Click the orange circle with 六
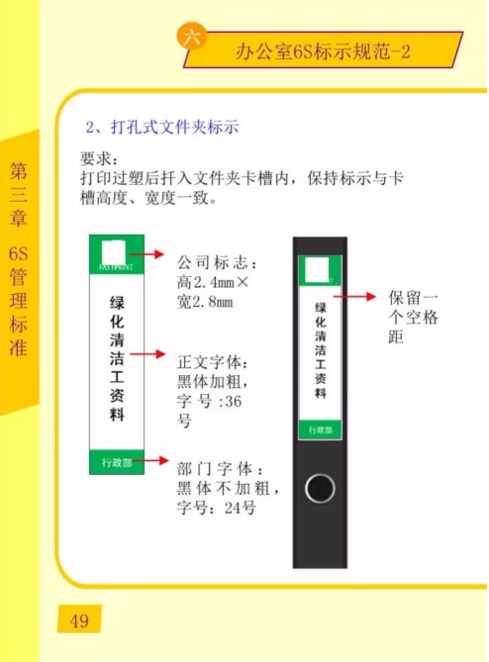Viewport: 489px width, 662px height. [192, 37]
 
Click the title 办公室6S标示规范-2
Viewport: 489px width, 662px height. [323, 51]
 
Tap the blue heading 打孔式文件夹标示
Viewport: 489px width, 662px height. [174, 127]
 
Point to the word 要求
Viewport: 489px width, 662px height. [97, 158]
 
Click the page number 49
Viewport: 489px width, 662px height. [79, 621]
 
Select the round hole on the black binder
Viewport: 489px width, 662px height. [320, 488]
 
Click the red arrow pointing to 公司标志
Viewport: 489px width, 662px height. [147, 253]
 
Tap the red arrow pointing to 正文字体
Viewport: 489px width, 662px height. [147, 354]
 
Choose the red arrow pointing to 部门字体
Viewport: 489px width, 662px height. [151, 460]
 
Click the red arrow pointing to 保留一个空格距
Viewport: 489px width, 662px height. [354, 297]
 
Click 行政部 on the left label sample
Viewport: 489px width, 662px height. [117, 463]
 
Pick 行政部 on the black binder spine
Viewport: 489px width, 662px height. [321, 429]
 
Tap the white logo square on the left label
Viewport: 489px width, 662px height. [114, 253]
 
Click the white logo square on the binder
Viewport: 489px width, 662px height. [317, 270]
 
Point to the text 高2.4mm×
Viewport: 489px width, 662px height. [213, 282]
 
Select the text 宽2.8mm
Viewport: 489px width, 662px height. [205, 302]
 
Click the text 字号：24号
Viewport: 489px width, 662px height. [216, 508]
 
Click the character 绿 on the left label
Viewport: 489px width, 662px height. [117, 303]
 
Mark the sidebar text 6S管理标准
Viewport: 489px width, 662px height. [18, 301]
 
